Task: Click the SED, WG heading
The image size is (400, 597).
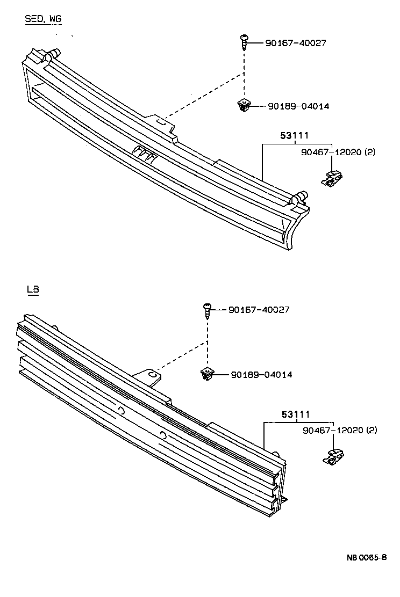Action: (43, 20)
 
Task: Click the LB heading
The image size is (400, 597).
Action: (33, 290)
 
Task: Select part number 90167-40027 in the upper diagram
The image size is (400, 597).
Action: (295, 43)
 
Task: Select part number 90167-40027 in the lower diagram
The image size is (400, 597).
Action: (259, 310)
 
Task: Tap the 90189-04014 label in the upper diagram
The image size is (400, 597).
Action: (298, 106)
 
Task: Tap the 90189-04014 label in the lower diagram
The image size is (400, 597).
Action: (261, 374)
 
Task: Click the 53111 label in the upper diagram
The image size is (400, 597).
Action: (294, 136)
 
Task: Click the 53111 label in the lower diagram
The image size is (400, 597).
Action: (295, 414)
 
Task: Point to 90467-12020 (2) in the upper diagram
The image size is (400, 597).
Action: (338, 152)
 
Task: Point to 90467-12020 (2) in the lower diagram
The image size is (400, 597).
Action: (339, 431)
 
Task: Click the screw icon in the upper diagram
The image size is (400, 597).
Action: (244, 42)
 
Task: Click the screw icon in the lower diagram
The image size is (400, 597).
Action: (207, 310)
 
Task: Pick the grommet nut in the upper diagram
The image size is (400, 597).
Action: (244, 106)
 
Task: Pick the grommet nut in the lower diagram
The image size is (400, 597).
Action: (207, 374)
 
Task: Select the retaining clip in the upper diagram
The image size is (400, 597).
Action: (333, 179)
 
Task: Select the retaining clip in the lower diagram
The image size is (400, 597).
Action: (334, 457)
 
